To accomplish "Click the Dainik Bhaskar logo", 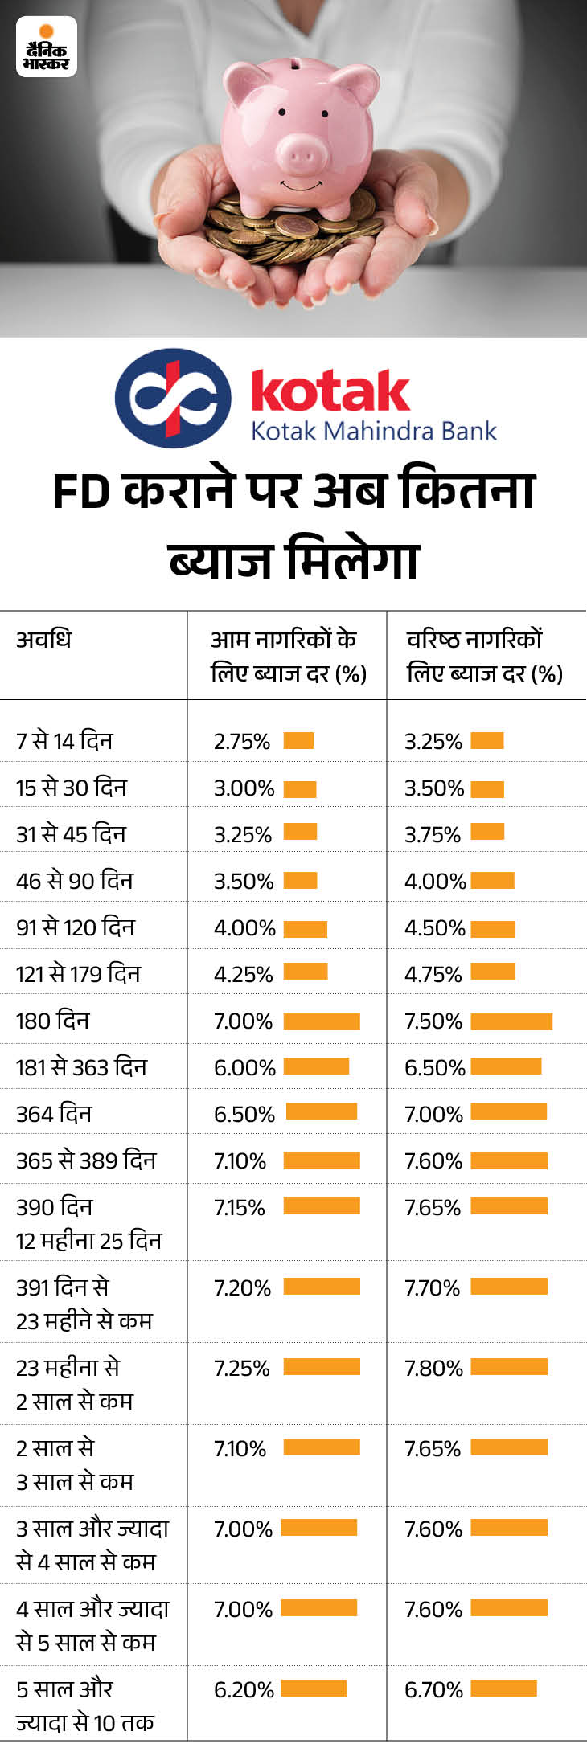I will tap(47, 48).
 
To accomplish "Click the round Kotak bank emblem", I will tap(173, 398).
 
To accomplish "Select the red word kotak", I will tap(330, 391).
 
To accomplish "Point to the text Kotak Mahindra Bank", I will tap(374, 432).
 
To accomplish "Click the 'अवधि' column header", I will tap(44, 640).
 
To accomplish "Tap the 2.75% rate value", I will tap(241, 742).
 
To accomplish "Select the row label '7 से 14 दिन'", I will tap(64, 741).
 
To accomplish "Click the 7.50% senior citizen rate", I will tap(433, 1021).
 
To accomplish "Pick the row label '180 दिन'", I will tap(53, 1021).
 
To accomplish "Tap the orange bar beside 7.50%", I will tap(511, 1021).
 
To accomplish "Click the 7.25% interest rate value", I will tap(241, 1369).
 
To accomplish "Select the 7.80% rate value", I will tap(433, 1369).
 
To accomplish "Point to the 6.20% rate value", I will tap(244, 1690).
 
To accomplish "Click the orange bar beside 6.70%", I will tap(503, 1689).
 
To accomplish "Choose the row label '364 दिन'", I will tap(54, 1115).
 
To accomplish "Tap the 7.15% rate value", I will tap(239, 1208).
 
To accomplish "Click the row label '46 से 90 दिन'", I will tap(75, 882).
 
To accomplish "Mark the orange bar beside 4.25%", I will tap(306, 972).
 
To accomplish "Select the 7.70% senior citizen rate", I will tap(432, 1288).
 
